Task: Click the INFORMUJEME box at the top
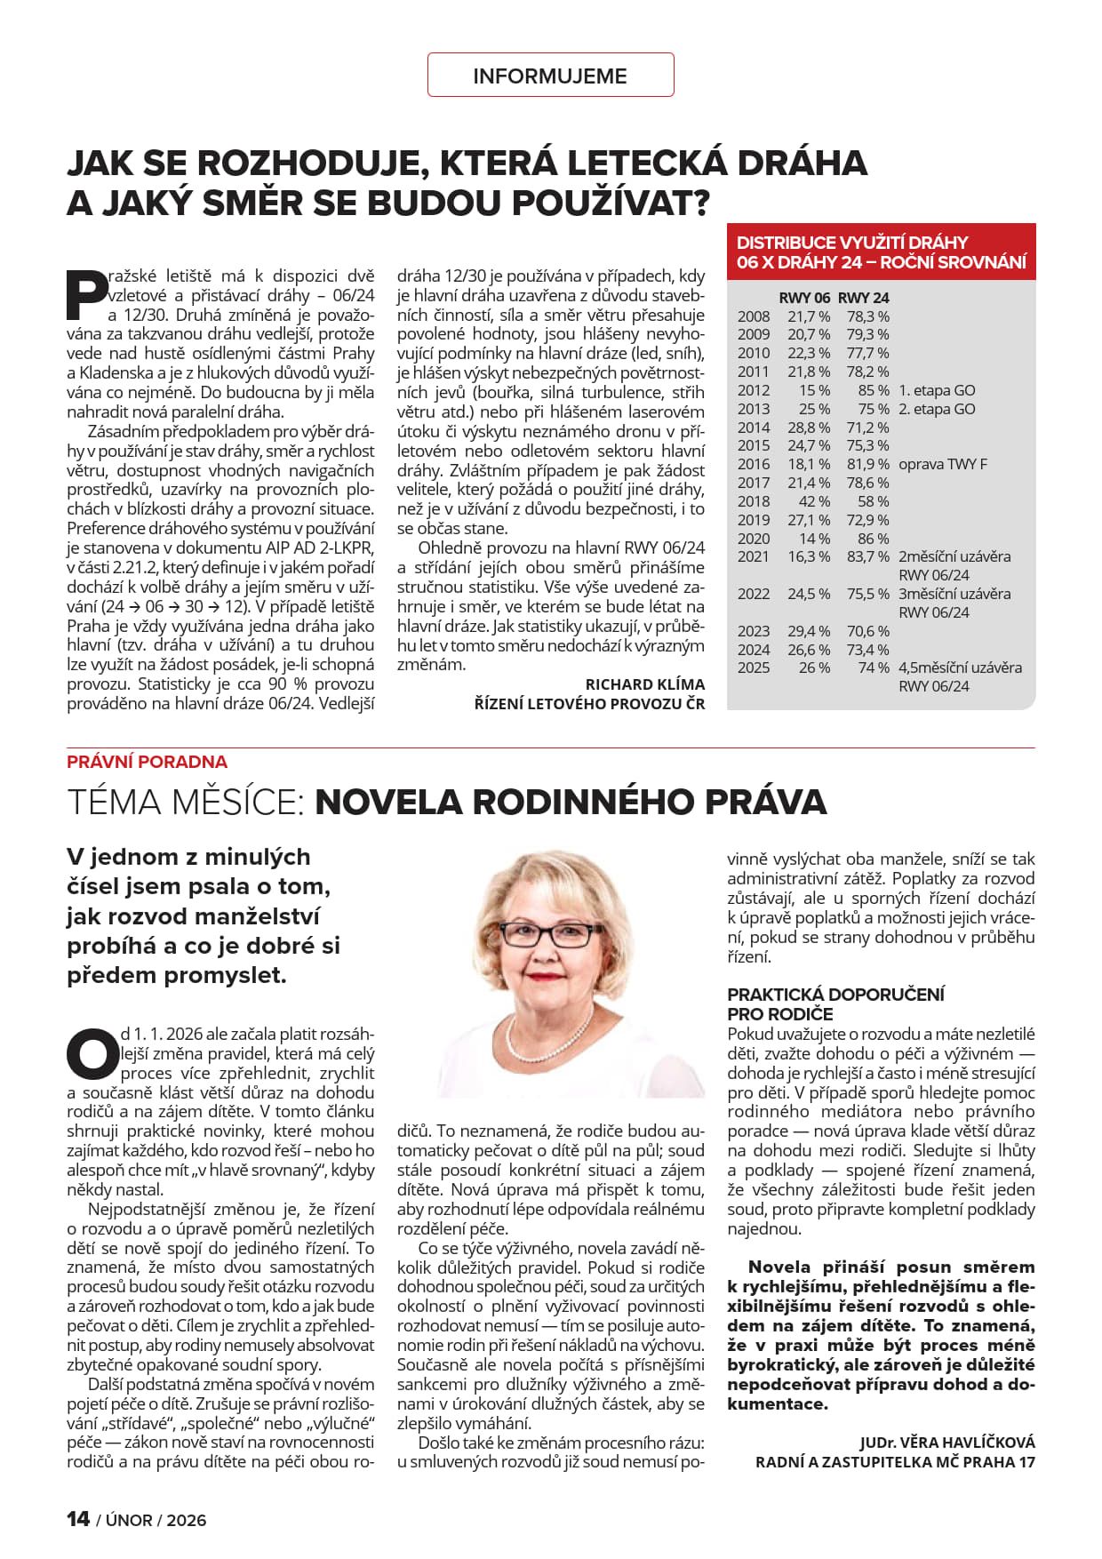click(550, 76)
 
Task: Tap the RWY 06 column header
click(804, 298)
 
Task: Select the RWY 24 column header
click(863, 298)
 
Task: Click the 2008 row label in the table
click(754, 316)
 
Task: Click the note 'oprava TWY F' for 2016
click(943, 464)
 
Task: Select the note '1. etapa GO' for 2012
click(937, 390)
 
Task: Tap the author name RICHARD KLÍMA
click(644, 684)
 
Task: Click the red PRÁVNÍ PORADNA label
click(147, 762)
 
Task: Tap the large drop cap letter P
click(87, 294)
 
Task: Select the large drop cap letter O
click(92, 1052)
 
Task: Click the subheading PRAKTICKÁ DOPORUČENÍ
click(835, 995)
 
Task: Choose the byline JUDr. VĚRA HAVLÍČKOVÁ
click(946, 1443)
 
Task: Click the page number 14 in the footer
click(78, 1519)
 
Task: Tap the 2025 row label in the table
click(754, 668)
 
